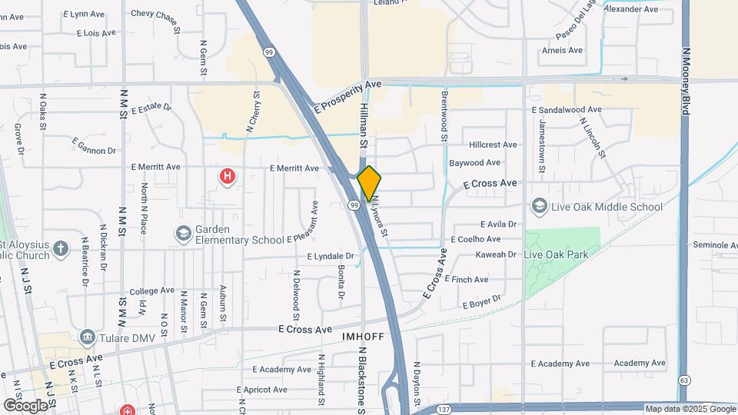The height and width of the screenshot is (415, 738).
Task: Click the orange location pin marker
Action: click(369, 183)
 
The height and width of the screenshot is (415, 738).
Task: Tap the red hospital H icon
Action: click(228, 178)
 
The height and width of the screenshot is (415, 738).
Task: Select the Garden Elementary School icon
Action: click(183, 233)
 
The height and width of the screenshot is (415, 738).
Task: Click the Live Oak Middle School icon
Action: click(539, 207)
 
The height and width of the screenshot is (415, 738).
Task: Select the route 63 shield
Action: click(684, 380)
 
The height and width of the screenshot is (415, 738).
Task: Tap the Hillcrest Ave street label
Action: click(493, 144)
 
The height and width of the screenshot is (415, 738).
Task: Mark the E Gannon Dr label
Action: click(95, 145)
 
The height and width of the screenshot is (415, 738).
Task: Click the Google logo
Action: click(25, 405)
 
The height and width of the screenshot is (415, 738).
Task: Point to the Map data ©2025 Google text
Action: click(689, 409)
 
